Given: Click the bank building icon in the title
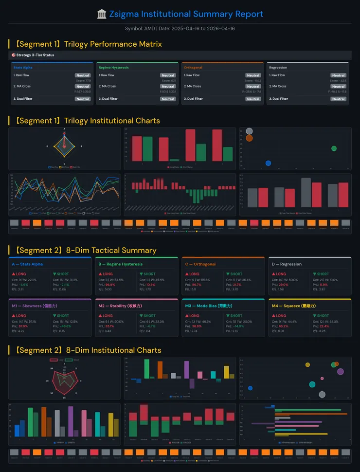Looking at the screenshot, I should click(102, 14).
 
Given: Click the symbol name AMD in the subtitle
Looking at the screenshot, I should click(150, 29).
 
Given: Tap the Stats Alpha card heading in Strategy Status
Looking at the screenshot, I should click(23, 68).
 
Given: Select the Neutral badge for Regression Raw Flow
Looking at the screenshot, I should click(338, 75).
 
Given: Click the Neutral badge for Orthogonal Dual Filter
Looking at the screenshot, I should click(253, 99).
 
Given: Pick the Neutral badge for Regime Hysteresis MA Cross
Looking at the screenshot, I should click(168, 87).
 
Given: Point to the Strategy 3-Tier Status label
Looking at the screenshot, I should click(35, 55).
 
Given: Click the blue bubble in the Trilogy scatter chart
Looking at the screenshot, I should click(268, 163).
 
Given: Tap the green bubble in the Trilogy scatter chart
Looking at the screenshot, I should click(334, 148).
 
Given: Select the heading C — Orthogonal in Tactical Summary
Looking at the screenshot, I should click(200, 264).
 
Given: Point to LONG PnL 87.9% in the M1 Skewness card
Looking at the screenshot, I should click(23, 326).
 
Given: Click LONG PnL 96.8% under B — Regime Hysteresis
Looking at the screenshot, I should click(109, 284).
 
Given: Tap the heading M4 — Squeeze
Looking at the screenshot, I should click(292, 306).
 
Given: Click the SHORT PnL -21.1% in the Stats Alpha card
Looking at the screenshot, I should click(66, 284).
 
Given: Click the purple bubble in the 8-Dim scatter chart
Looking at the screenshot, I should click(341, 371).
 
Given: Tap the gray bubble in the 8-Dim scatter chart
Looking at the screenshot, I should click(322, 394).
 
